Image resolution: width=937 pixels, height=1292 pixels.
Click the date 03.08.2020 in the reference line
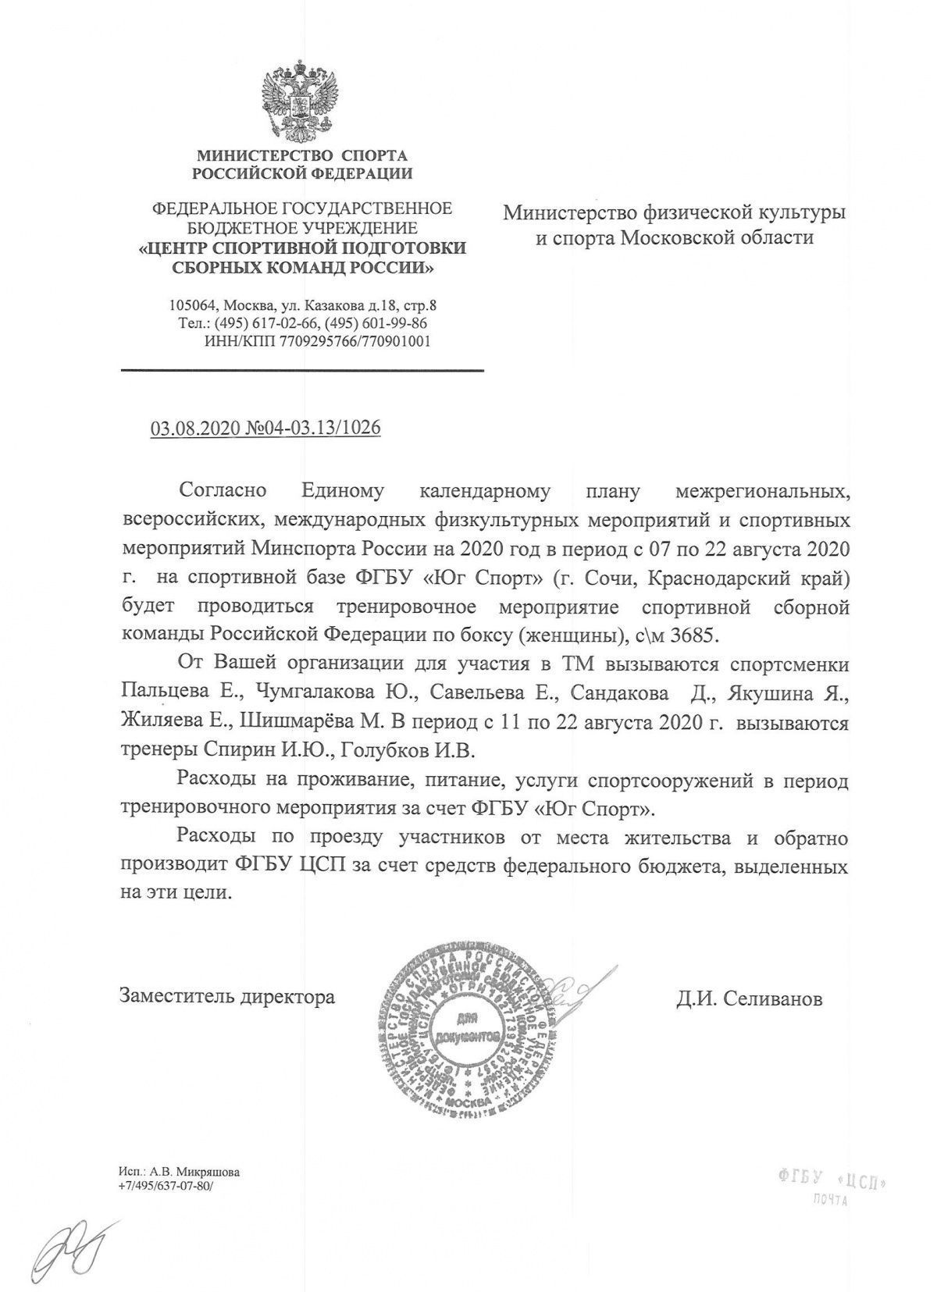(x=186, y=429)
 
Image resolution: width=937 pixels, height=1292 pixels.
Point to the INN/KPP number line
(x=317, y=341)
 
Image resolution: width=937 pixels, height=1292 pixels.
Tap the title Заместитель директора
(x=227, y=997)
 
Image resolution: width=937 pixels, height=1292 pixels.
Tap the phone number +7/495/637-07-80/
(x=166, y=1185)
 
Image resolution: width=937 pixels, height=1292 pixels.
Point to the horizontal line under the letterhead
(x=302, y=370)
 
